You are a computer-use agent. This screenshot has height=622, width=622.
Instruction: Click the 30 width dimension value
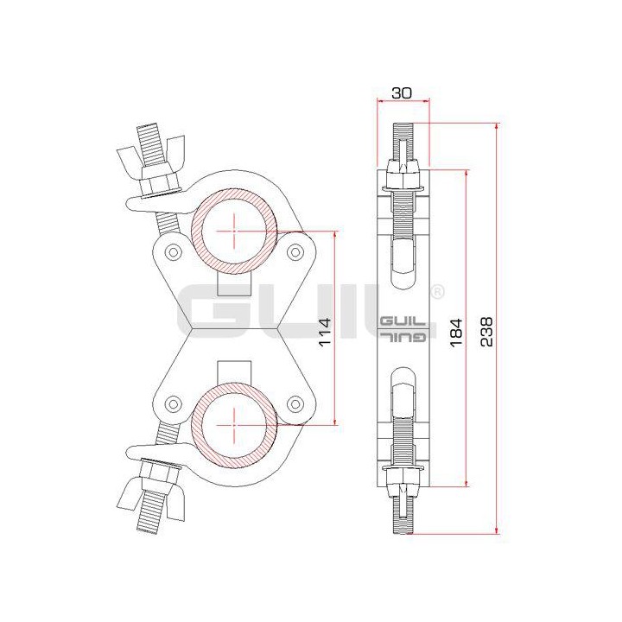click(x=400, y=92)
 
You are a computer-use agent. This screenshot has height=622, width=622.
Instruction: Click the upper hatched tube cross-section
click(x=234, y=231)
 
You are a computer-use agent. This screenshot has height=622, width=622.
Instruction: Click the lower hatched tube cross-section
click(x=234, y=427)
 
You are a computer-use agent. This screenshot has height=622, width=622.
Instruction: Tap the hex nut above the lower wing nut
click(x=159, y=472)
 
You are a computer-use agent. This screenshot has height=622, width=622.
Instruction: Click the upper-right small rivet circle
click(x=296, y=251)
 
